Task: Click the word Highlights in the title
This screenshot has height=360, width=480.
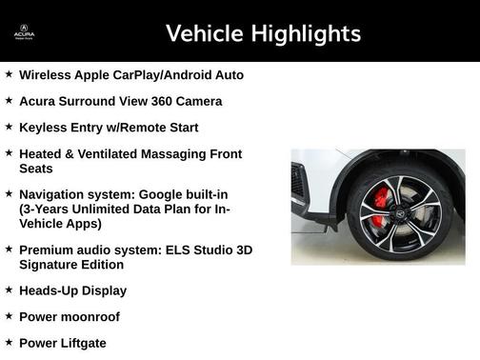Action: click(305, 33)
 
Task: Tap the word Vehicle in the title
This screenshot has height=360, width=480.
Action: click(204, 33)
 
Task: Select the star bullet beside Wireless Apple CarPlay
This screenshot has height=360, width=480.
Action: click(9, 73)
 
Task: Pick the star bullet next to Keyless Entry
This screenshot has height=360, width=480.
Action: click(9, 126)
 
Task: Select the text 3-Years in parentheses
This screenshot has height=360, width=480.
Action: click(48, 209)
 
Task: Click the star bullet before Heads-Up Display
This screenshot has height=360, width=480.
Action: click(9, 290)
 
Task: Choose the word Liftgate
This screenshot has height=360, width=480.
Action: click(83, 343)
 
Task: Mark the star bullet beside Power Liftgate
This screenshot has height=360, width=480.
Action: click(9, 342)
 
